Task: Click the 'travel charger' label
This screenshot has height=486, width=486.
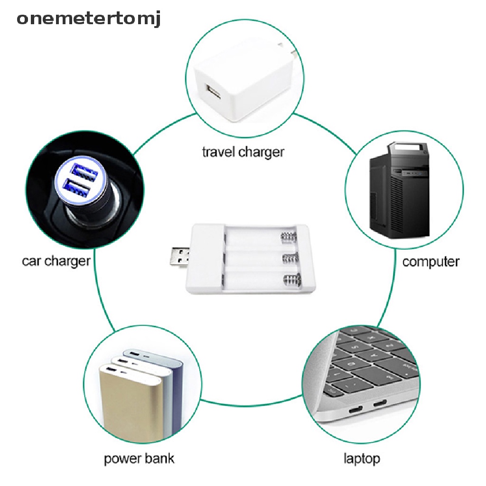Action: tap(243, 152)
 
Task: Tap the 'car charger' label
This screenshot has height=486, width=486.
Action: tap(56, 261)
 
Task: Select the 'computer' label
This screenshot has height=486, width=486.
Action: tap(430, 262)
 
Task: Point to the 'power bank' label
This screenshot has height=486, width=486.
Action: tap(139, 458)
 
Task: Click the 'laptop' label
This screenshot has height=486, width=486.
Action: tap(362, 458)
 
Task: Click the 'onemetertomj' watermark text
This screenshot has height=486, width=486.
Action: tap(89, 19)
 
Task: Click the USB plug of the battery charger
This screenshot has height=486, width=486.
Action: tap(179, 258)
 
